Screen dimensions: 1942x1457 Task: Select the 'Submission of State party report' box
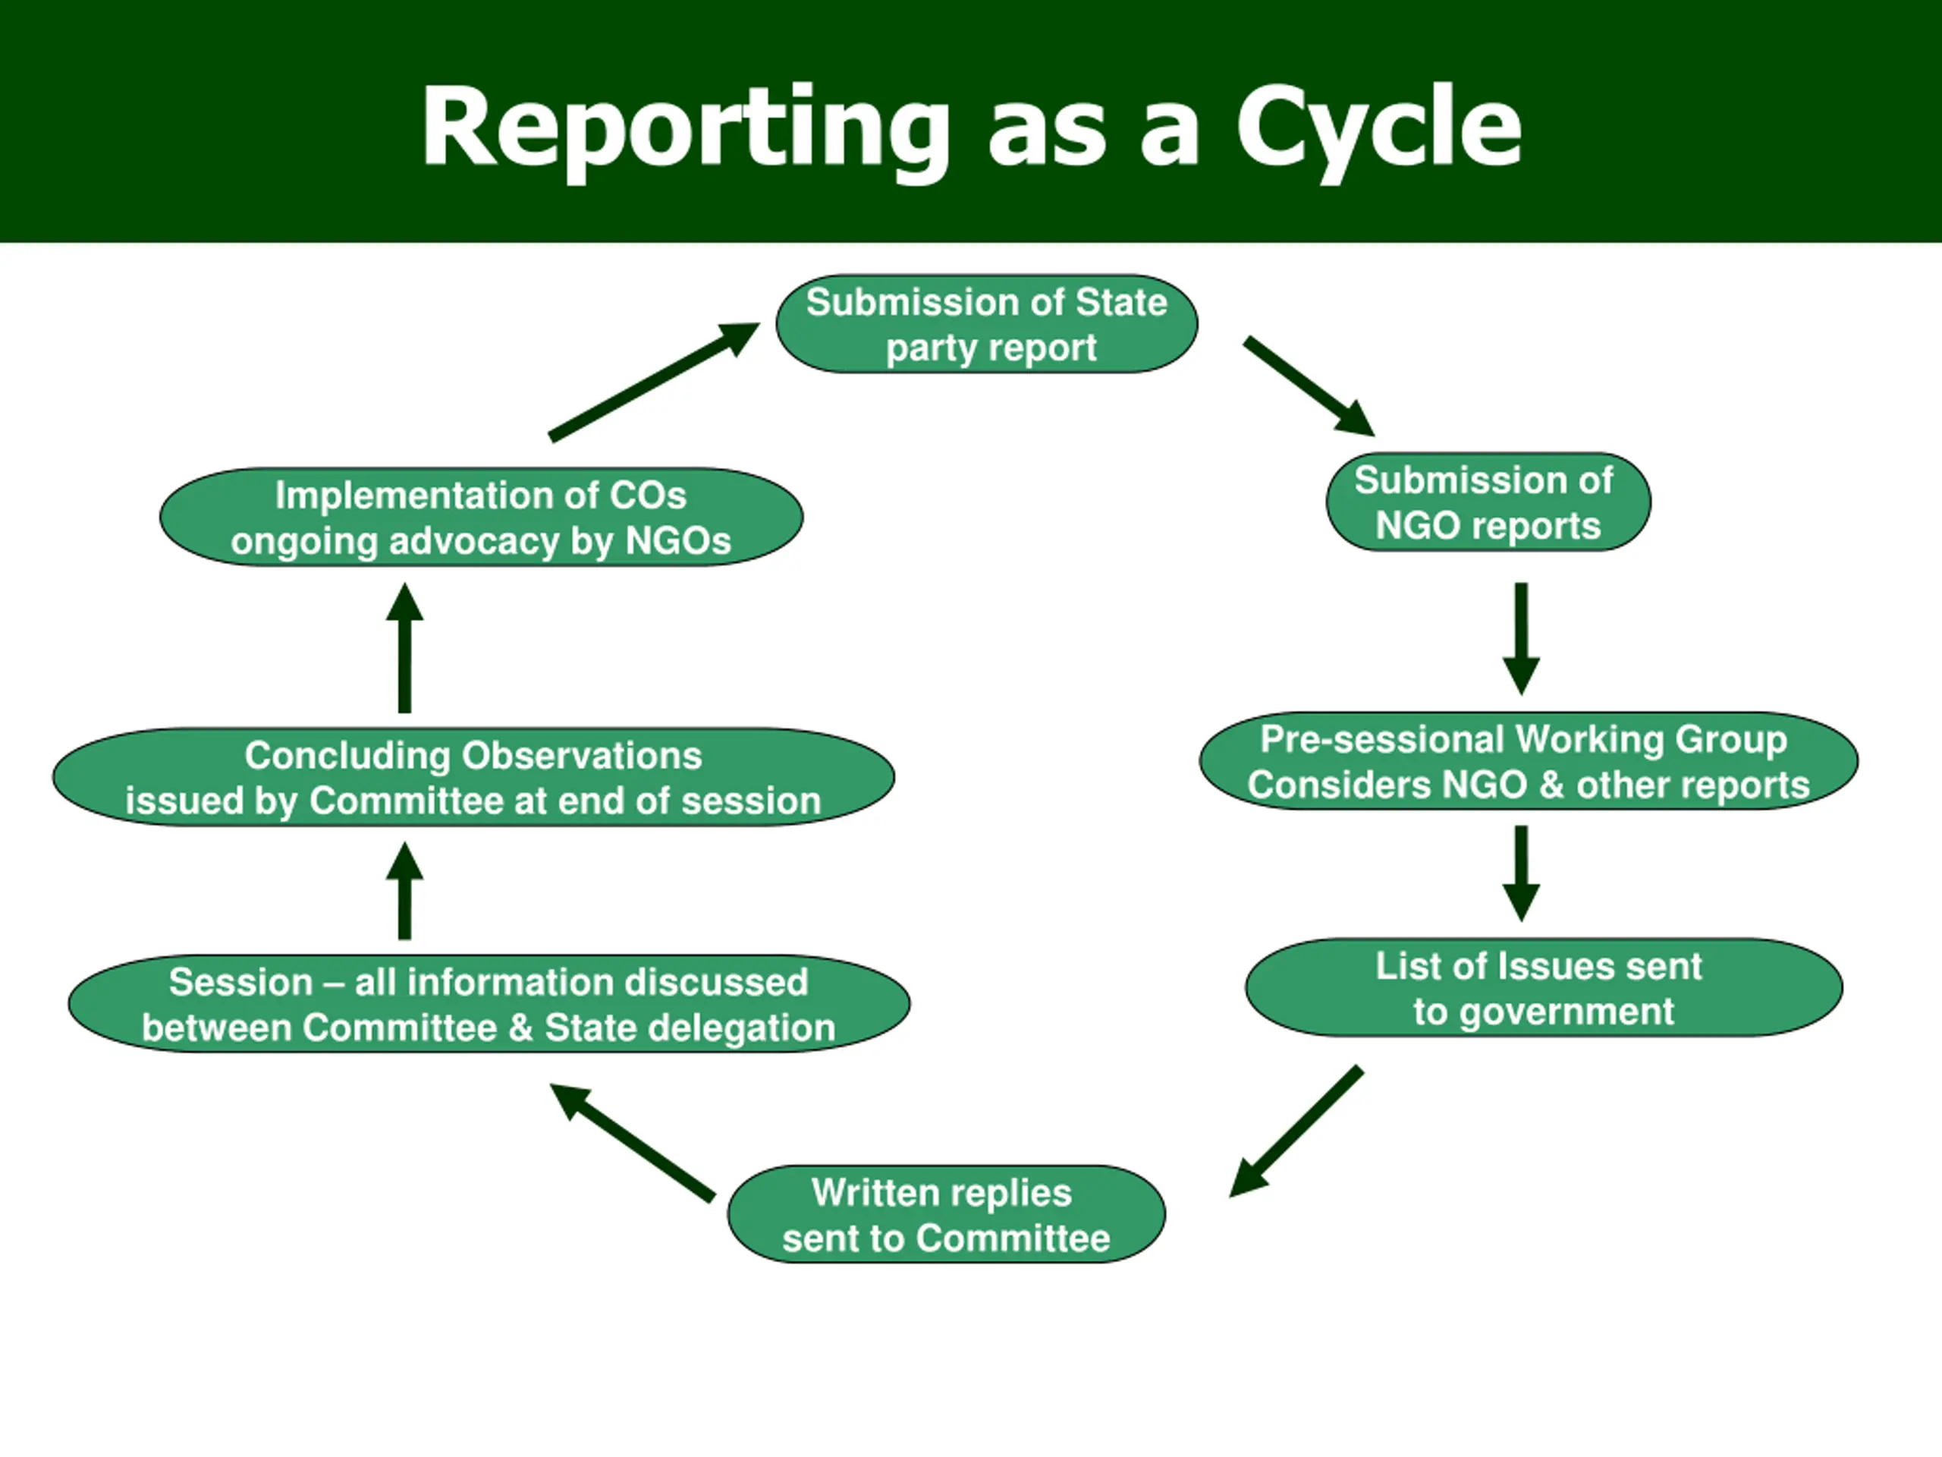coord(987,324)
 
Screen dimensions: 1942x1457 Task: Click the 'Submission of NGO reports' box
coord(1488,502)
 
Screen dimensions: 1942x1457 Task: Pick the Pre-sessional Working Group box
coord(1529,761)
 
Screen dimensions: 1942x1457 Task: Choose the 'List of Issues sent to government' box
coord(1544,988)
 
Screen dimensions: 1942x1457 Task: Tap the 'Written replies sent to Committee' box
coord(947,1215)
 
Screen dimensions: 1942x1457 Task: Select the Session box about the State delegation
coord(489,1004)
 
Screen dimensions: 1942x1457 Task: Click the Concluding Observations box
coord(474,777)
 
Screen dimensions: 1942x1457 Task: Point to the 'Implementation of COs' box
coord(481,518)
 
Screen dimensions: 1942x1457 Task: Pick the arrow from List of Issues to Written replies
coord(1296,1132)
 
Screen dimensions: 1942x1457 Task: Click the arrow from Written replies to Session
coord(632,1143)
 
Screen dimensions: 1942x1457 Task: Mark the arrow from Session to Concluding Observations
coord(405,891)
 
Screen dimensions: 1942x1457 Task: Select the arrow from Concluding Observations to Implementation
coord(405,647)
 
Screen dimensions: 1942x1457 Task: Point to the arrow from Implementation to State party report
coord(654,382)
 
